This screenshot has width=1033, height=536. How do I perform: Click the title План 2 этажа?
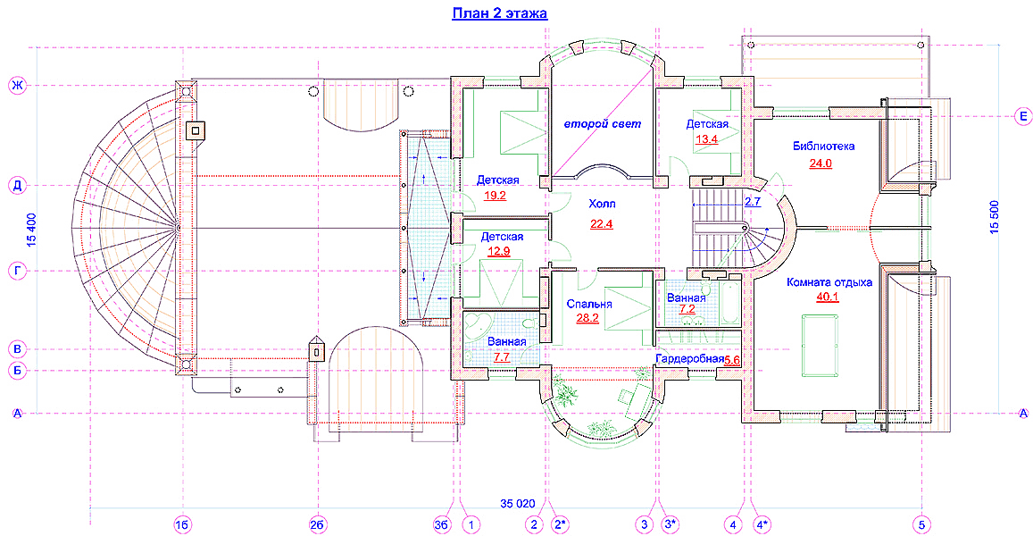(499, 13)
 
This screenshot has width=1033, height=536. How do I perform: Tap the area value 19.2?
(495, 195)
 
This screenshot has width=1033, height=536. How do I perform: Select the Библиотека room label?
(823, 146)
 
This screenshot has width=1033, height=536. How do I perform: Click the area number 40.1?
(828, 297)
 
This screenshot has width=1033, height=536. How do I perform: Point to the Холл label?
(602, 205)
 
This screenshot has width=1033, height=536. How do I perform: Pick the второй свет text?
(602, 123)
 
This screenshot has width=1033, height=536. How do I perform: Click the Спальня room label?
(589, 304)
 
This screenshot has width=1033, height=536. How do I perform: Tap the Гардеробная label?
(690, 358)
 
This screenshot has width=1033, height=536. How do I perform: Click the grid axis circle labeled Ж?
(17, 86)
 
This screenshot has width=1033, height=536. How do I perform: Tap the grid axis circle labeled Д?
(17, 185)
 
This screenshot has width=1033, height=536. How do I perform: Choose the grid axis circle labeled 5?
(921, 524)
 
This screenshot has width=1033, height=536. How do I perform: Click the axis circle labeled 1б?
(182, 524)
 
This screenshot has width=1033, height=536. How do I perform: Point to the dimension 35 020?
(517, 504)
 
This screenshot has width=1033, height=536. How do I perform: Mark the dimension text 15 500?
(994, 216)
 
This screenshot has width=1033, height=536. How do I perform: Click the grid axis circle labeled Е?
(1022, 116)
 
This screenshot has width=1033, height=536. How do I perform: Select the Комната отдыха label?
(829, 282)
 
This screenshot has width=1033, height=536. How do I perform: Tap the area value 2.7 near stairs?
(753, 202)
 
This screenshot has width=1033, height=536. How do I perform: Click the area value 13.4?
(707, 138)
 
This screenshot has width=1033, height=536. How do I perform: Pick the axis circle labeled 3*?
(671, 524)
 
